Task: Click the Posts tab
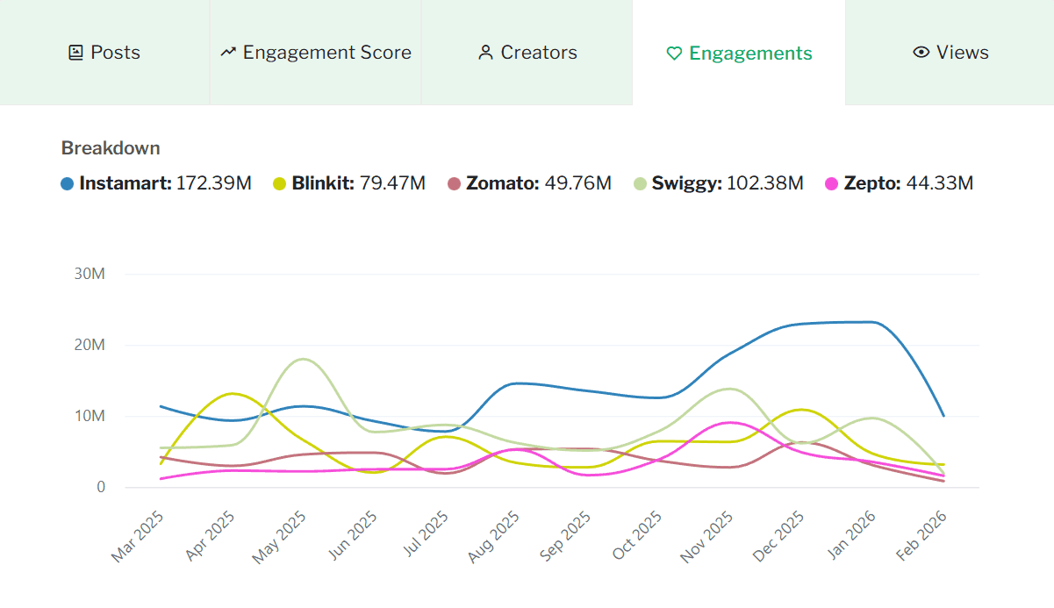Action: pos(104,53)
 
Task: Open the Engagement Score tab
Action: pos(316,53)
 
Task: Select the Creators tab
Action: pos(527,53)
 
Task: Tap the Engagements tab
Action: pos(739,54)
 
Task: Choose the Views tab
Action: pos(950,53)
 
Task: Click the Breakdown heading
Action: pos(111,148)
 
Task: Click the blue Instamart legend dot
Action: pos(67,184)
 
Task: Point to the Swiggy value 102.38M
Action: pos(765,183)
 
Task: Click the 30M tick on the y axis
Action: pos(90,274)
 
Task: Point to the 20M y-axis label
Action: pos(90,345)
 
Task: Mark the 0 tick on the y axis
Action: pos(101,487)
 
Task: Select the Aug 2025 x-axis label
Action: pos(493,538)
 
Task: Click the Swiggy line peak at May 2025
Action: pos(303,359)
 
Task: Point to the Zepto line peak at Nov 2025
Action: pos(728,423)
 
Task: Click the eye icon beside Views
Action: pos(921,53)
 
